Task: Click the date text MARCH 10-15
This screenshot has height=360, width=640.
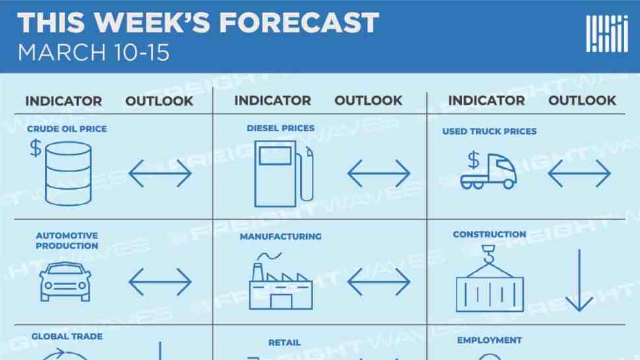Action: pos(94,53)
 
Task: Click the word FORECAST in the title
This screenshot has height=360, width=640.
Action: pos(299,22)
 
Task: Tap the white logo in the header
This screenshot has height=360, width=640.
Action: pos(607,34)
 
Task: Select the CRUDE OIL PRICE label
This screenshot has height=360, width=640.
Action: pos(67,129)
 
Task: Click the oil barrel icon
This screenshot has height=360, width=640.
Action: pos(68,173)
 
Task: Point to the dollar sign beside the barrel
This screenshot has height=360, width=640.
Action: pos(36,148)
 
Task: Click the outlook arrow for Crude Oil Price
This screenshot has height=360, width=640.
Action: pos(160,173)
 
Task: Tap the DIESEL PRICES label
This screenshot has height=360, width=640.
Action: pos(280,128)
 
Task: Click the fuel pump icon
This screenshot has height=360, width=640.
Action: pos(284,173)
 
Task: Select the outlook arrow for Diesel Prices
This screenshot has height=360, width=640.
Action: pos(379,173)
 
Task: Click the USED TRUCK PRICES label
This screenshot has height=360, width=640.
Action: pos(490,131)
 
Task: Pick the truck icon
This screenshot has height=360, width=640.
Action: pos(488,170)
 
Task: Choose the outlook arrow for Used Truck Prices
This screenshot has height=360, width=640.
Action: pos(579,173)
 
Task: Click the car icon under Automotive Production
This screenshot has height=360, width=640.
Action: pos(65,282)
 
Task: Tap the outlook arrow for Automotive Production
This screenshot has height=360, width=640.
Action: pos(160,282)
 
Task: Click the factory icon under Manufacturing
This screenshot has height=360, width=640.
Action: pos(281,282)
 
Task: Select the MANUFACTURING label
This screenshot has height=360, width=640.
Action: pos(280,237)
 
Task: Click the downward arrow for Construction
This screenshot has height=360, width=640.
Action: pos(579,280)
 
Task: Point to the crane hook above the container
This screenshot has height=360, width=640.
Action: pos(488,255)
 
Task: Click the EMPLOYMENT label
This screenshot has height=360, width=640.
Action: pos(490,340)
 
